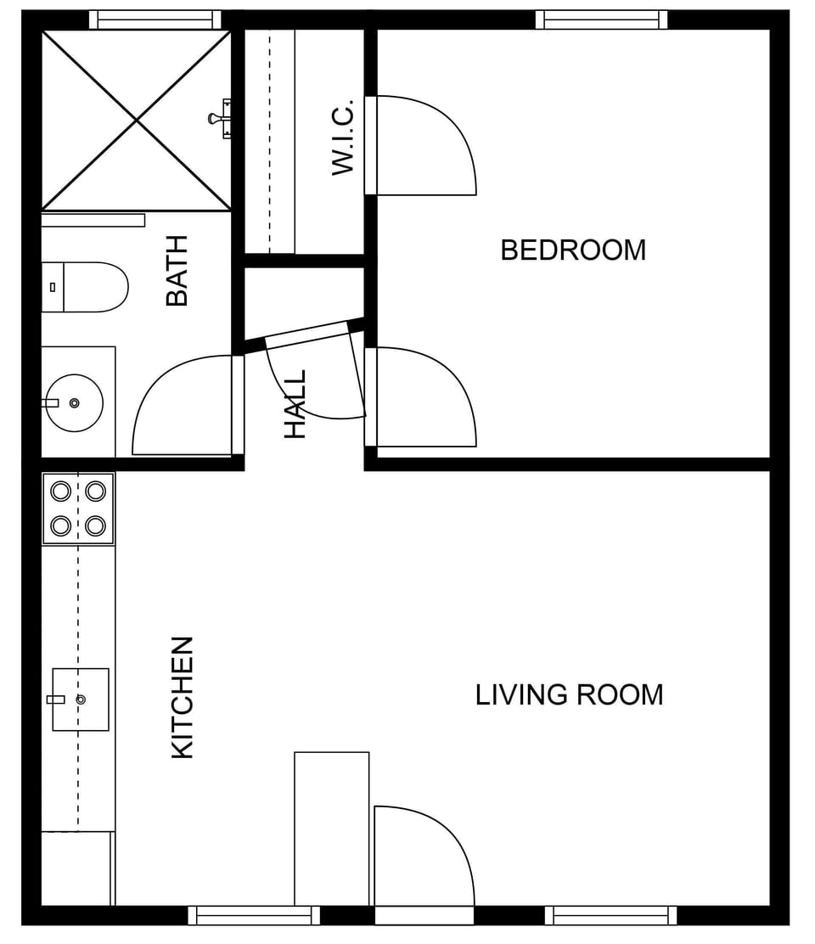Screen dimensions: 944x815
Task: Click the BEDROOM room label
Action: (x=573, y=250)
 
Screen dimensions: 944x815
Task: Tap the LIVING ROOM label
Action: (x=569, y=694)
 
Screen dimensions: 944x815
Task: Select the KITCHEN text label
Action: (x=183, y=697)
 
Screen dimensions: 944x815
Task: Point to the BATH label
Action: (x=177, y=271)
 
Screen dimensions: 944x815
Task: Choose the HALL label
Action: (x=295, y=404)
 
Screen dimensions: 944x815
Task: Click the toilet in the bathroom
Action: (x=85, y=287)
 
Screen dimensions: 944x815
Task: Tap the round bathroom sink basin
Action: (x=75, y=402)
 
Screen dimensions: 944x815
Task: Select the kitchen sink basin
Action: (x=81, y=700)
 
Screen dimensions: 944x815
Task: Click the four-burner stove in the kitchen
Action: (x=78, y=508)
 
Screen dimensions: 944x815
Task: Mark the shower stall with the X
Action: (x=136, y=120)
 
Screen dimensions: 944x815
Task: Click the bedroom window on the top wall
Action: (x=601, y=20)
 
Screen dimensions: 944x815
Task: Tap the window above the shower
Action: (x=155, y=20)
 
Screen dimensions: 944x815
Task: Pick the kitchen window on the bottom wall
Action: (x=254, y=915)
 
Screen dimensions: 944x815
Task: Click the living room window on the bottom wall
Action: (x=610, y=915)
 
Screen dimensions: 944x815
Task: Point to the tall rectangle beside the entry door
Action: (x=331, y=829)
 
